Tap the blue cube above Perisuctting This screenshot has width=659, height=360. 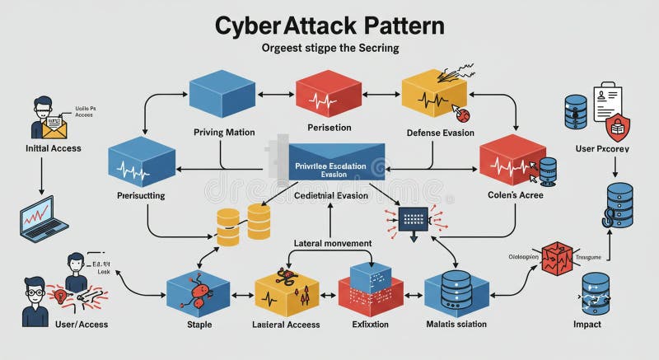pos(142,162)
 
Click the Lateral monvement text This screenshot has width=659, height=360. pos(333,243)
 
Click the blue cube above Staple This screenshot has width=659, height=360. pos(198,292)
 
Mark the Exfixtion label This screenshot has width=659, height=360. pos(369,325)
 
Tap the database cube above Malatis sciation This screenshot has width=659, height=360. pos(456,292)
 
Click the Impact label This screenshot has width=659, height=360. pos(587,325)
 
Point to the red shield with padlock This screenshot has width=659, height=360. pos(618,128)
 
